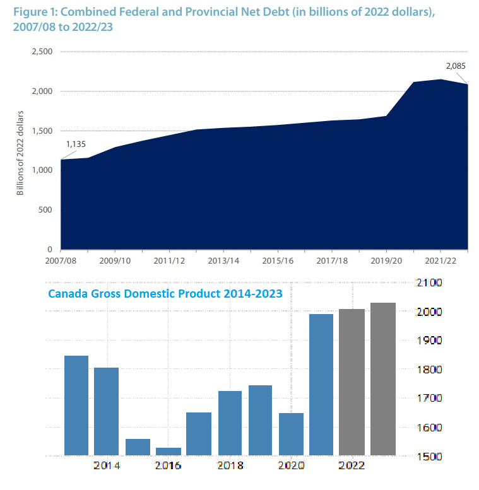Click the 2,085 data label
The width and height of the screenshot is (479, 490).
tap(455, 65)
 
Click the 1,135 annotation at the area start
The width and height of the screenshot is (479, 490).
tap(76, 144)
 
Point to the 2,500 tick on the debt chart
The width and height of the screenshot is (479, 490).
tap(42, 52)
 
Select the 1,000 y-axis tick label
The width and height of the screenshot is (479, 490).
tap(42, 171)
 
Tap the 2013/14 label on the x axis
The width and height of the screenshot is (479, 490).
tap(223, 260)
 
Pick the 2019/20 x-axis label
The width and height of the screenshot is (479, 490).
tap(386, 260)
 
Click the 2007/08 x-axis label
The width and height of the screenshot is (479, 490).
tap(61, 260)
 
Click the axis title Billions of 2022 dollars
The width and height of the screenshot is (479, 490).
tap(20, 151)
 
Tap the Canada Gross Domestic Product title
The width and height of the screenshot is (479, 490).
tap(165, 293)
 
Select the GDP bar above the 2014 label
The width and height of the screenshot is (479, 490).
tap(107, 411)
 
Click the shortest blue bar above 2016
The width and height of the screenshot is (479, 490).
tap(169, 451)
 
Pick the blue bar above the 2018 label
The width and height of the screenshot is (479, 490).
tap(230, 423)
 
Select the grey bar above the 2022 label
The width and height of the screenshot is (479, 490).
tap(352, 382)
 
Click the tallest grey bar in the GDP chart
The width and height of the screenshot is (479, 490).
tap(383, 378)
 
